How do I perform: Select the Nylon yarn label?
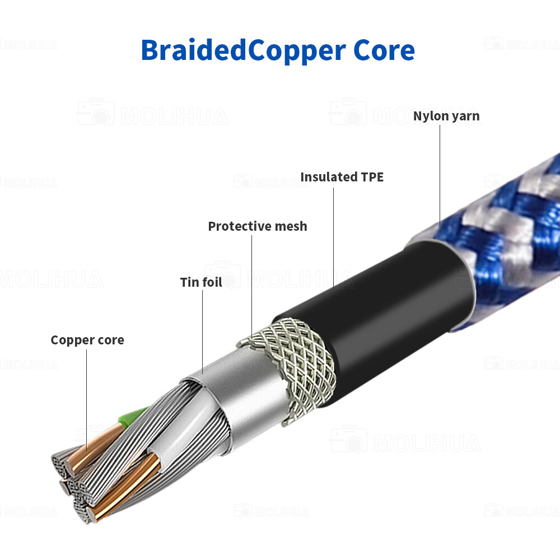[446, 116]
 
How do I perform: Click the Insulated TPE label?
[342, 177]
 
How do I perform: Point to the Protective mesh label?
[258, 226]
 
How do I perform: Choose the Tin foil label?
[201, 282]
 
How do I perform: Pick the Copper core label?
[87, 340]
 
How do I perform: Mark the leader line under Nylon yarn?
[439, 179]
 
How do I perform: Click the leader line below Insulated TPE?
[334, 235]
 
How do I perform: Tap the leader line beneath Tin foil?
[202, 330]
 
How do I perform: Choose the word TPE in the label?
[371, 177]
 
